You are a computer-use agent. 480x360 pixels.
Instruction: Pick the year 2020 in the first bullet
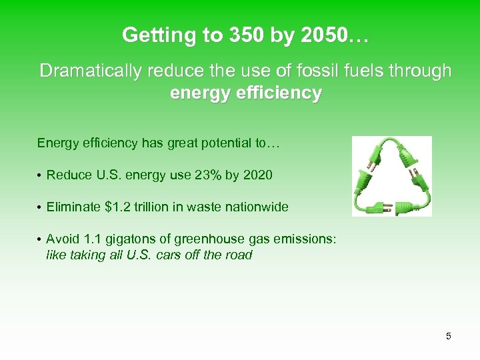point(258,175)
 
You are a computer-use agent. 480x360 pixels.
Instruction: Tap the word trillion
point(160,207)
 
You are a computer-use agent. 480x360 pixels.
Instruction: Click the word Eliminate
point(74,207)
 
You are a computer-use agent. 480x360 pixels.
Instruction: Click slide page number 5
point(449,337)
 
